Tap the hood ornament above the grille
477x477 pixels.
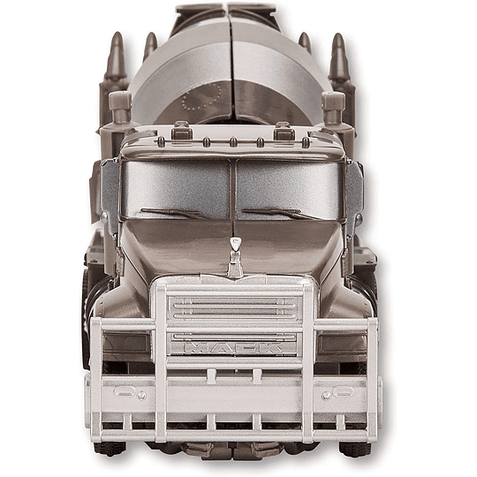click(x=235, y=257)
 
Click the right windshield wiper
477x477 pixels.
click(x=282, y=213)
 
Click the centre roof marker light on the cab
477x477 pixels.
click(x=231, y=141)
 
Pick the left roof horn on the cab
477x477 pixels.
click(x=182, y=132)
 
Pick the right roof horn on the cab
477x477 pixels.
click(x=284, y=132)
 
